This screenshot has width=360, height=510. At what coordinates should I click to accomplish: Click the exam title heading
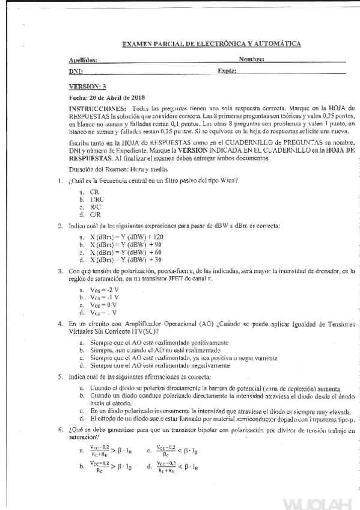coord(212,44)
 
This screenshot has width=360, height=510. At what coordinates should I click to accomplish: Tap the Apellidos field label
coord(83,60)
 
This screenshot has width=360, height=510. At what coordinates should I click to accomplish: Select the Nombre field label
coord(252,60)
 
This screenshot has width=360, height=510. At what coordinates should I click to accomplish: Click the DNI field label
coord(76,71)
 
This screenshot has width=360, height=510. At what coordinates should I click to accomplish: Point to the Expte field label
coord(227,71)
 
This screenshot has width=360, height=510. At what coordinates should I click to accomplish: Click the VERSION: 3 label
coord(87,87)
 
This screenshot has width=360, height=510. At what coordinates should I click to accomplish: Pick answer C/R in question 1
coord(95,214)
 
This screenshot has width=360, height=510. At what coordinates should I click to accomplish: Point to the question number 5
coord(60,376)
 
